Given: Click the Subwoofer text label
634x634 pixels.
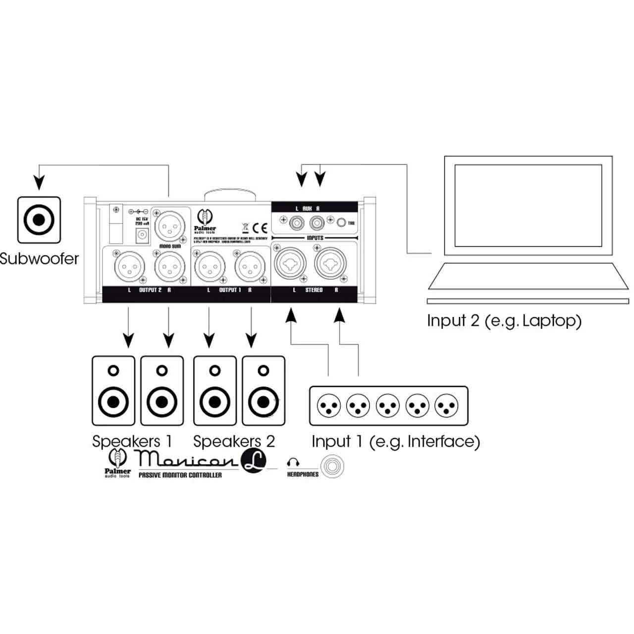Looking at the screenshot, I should [x=39, y=258].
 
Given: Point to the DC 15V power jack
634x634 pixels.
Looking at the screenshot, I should [x=141, y=237].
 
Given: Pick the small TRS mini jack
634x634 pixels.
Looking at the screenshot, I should [x=341, y=223].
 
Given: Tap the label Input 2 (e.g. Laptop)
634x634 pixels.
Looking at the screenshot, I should [x=504, y=320].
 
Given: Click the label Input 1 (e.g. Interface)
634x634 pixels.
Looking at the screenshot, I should [x=395, y=441].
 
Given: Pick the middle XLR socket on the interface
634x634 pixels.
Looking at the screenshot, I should [x=388, y=406].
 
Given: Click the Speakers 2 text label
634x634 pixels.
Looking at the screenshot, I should [x=233, y=441].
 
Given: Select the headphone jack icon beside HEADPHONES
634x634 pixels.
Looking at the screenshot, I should [x=332, y=467].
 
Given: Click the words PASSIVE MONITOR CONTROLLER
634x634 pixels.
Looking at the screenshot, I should [x=180, y=475].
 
